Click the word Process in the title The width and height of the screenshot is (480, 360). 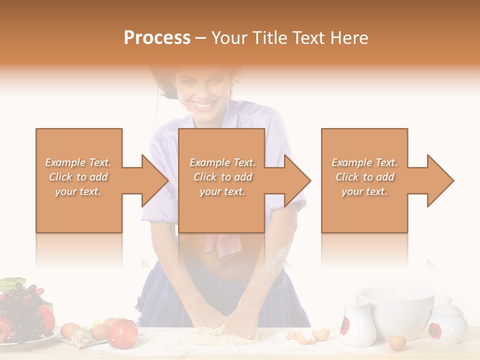tap(157, 38)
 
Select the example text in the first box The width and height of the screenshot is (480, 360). tap(78, 177)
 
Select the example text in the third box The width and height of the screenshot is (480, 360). tap(364, 177)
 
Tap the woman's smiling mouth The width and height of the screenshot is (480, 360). tap(203, 105)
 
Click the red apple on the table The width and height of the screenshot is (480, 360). tap(122, 332)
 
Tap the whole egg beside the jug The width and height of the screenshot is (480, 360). tap(397, 342)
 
